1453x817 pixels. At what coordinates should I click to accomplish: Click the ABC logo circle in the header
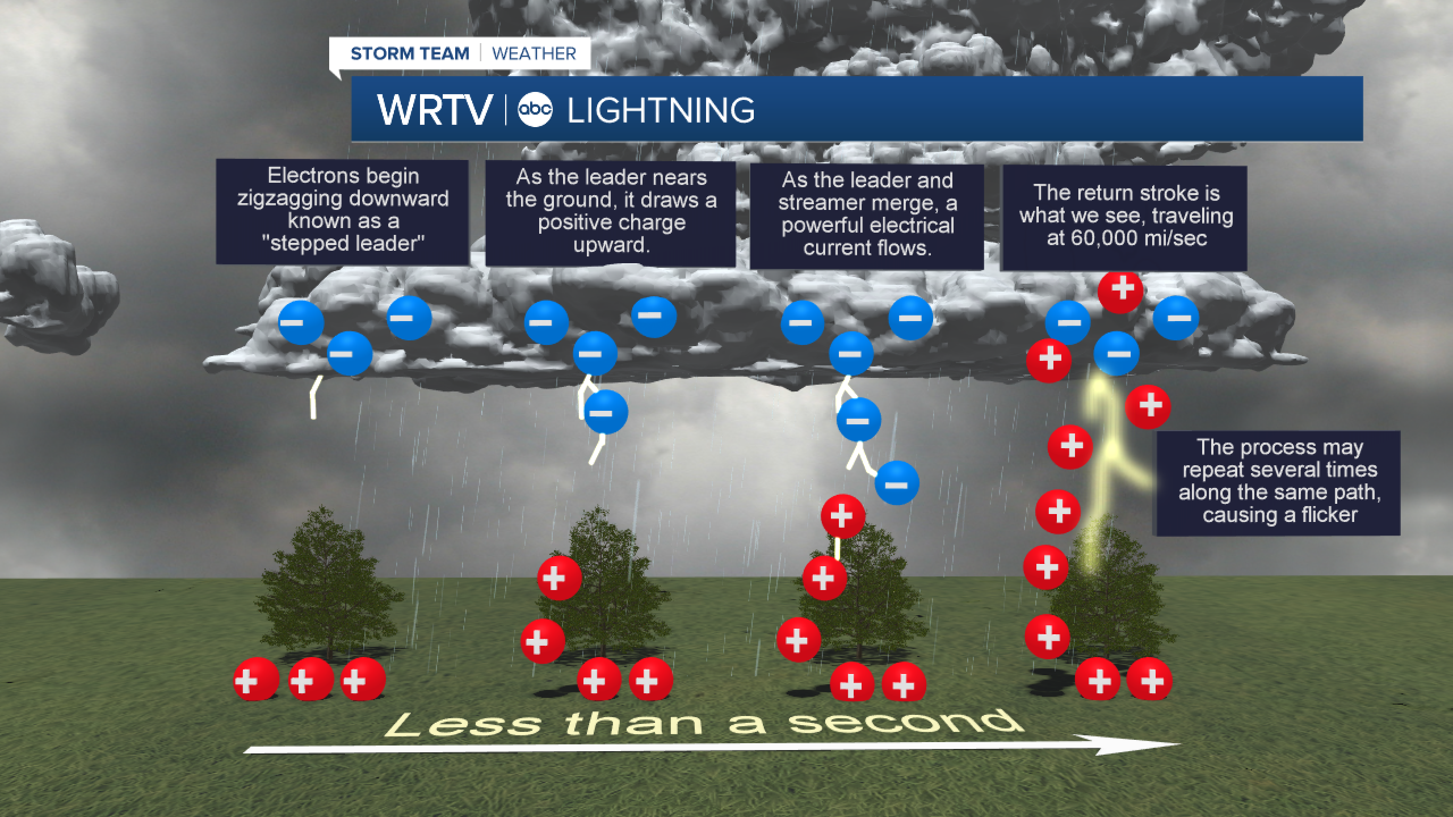(535, 110)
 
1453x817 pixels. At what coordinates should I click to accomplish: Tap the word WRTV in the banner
(434, 110)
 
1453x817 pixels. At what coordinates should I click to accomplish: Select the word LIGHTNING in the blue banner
(661, 110)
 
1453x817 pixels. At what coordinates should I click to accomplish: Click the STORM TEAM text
(410, 54)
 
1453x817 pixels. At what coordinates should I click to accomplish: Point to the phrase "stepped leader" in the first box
(343, 243)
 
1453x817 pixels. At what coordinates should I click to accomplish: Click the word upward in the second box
(611, 245)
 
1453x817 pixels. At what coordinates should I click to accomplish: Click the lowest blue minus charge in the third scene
(897, 484)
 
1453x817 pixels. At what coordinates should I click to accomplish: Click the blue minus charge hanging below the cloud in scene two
(606, 412)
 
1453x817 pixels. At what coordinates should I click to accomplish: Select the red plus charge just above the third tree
(843, 516)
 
